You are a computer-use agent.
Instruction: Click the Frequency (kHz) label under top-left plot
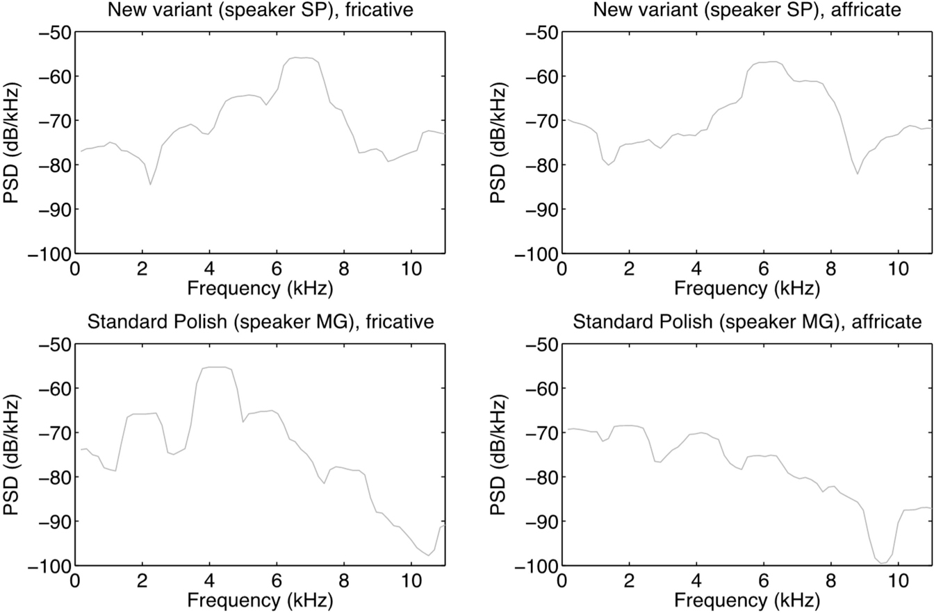pyautogui.click(x=259, y=286)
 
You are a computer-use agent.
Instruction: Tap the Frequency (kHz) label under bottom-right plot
pyautogui.click(x=746, y=598)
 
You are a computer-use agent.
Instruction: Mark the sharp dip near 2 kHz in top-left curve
pyautogui.click(x=150, y=184)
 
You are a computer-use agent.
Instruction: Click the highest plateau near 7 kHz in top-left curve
pyautogui.click(x=302, y=58)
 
